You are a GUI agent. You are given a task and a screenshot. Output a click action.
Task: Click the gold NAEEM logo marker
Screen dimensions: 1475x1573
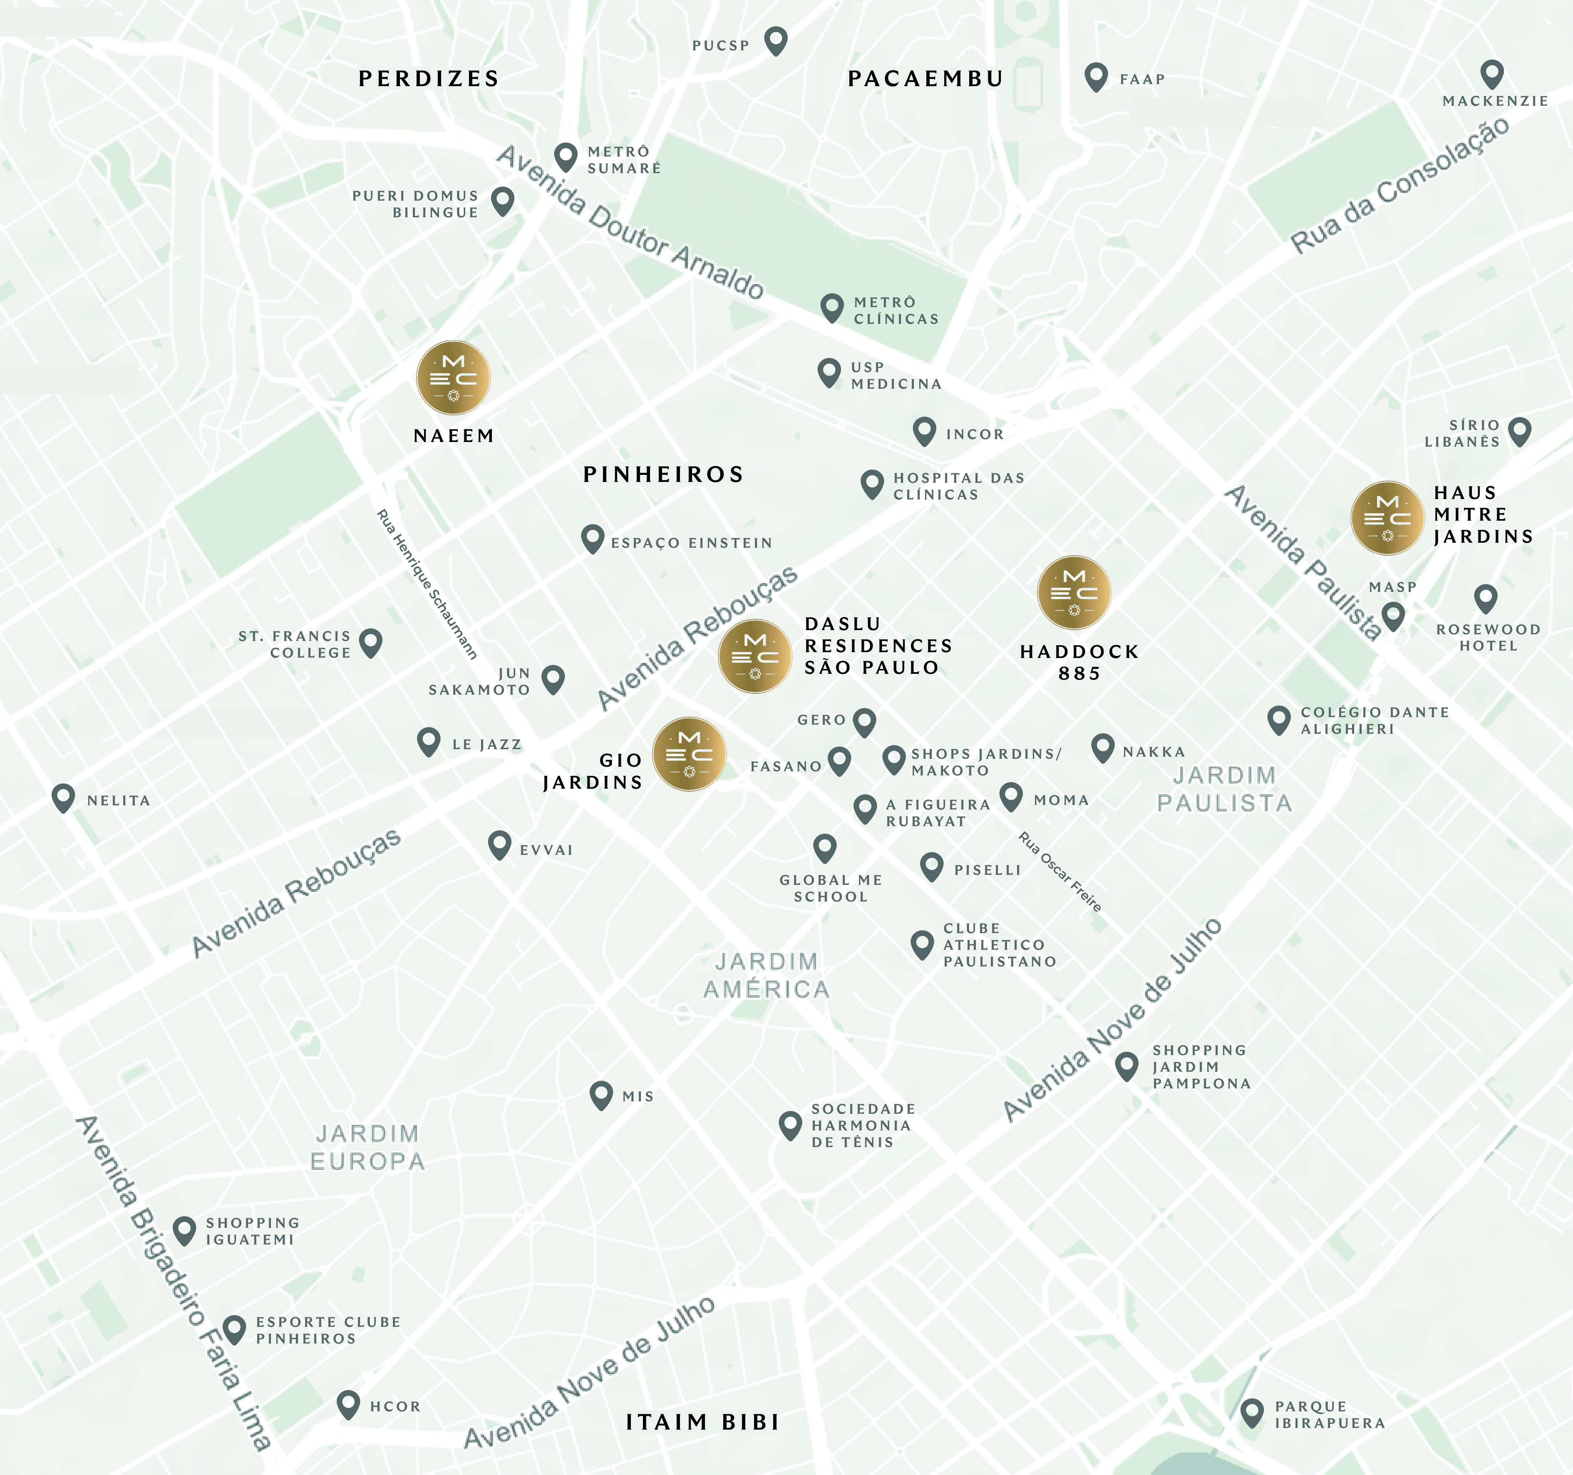(x=454, y=378)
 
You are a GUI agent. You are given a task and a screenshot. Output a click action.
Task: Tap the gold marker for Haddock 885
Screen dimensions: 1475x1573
(x=1074, y=593)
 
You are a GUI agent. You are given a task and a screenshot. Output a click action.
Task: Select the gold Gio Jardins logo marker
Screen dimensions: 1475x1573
(x=689, y=754)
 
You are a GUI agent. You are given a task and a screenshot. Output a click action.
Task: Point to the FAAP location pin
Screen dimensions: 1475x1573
(x=1096, y=76)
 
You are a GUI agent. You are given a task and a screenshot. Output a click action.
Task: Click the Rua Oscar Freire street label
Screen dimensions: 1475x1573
(x=1059, y=871)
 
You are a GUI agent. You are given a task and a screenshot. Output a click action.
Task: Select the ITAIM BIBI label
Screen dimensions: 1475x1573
(x=702, y=1422)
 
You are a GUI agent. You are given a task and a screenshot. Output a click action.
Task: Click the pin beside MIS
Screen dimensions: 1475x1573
(x=601, y=1094)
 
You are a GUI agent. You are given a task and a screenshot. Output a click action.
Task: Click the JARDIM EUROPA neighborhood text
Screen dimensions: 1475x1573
(x=367, y=1147)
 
